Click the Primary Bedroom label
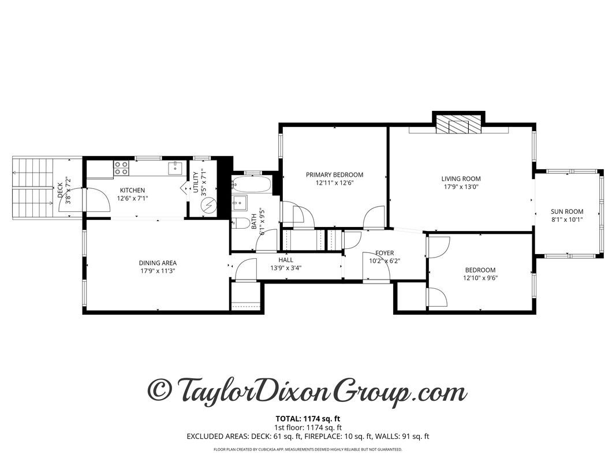pos(334,175)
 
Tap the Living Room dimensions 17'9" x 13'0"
pos(461,187)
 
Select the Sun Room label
pos(567,211)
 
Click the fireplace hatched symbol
pos(458,125)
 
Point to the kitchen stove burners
pos(121,168)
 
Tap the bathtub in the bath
pos(251,185)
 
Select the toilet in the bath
pos(242,223)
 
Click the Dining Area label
pos(158,263)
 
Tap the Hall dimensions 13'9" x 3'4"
pos(286,267)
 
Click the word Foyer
pos(384,253)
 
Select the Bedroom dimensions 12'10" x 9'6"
pos(480,278)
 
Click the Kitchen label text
pos(132,191)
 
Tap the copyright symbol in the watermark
pos(161,390)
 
